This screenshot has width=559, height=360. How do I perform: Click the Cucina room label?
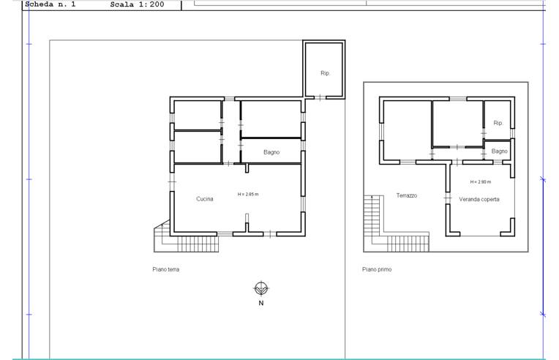pos(205,199)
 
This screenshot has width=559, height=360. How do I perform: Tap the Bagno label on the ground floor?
pos(271,152)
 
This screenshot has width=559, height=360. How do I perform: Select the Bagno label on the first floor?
pos(499,151)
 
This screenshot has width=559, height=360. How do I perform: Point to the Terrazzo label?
pos(406,195)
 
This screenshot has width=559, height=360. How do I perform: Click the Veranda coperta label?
pos(479,199)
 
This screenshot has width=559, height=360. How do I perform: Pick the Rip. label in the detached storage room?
pos(325,73)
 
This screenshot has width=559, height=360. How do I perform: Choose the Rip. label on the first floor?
pos(498,123)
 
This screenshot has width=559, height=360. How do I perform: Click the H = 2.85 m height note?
pos(248,194)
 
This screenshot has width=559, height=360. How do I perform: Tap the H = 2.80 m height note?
pos(480,181)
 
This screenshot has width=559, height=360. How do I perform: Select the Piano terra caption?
pos(166,269)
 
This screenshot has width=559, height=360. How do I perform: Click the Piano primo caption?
pos(377,269)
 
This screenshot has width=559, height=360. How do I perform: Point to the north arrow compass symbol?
pos(261,288)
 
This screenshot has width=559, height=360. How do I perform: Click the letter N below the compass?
pos(261,303)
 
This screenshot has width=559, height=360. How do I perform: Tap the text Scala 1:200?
pos(137,4)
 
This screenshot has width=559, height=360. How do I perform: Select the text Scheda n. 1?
pos(50,4)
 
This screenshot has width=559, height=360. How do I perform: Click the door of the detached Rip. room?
pos(320,97)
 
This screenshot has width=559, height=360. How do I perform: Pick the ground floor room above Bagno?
pos(271,119)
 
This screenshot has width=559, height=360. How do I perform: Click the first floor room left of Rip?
pos(457,124)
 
